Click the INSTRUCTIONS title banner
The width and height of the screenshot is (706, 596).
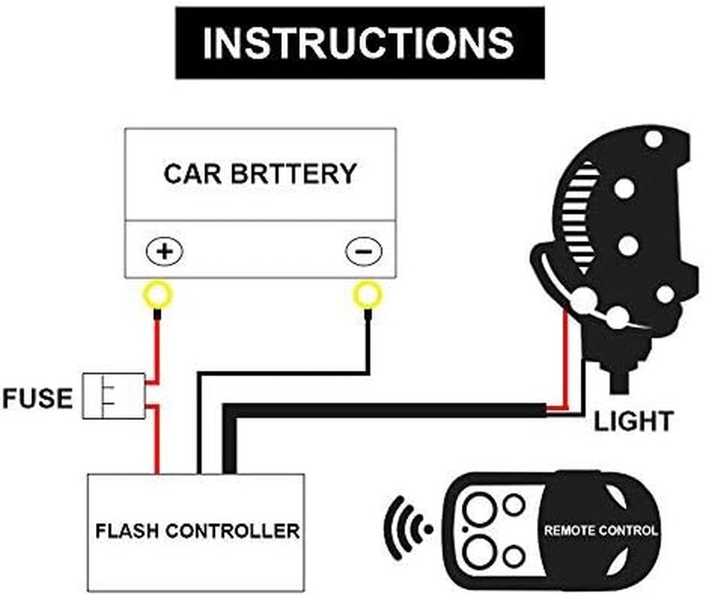(359, 42)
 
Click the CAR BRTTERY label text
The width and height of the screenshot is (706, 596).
(260, 174)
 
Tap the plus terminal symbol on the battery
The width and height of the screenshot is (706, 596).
(165, 252)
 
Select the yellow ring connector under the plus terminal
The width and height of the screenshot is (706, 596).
(158, 296)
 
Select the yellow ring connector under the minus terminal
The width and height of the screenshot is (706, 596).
(367, 296)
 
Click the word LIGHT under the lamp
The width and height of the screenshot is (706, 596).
(632, 422)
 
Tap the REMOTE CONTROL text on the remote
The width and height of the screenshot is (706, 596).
(601, 530)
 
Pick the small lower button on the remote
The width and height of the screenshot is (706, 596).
(513, 555)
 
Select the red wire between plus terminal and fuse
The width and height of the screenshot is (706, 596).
(158, 346)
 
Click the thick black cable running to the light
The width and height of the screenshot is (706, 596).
(387, 410)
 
